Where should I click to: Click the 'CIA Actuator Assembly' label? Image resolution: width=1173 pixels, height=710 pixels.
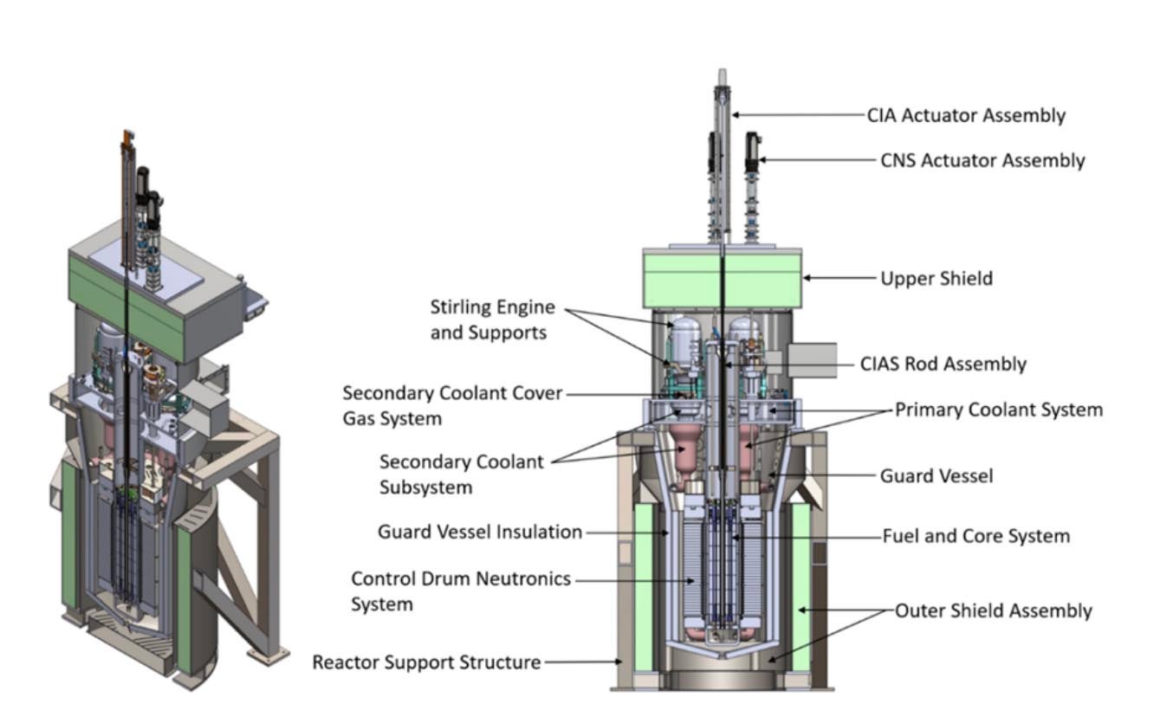click(966, 115)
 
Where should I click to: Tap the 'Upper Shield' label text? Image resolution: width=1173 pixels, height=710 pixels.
click(936, 279)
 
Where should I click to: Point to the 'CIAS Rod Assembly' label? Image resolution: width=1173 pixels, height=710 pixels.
click(943, 364)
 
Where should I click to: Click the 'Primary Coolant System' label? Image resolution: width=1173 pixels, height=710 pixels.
click(998, 410)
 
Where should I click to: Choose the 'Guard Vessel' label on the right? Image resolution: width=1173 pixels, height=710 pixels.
click(936, 475)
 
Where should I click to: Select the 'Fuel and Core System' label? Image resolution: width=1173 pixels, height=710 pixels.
click(975, 536)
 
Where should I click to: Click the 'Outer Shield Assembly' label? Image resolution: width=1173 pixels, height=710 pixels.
click(993, 610)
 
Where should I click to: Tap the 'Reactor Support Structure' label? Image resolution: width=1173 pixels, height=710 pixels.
click(426, 662)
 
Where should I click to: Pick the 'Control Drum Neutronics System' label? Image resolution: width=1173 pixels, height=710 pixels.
click(460, 591)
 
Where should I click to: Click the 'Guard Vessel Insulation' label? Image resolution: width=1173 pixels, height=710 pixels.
click(480, 532)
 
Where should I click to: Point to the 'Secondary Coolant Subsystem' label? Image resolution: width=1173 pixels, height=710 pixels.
click(461, 474)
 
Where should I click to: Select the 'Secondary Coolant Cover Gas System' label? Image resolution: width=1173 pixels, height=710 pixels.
click(451, 405)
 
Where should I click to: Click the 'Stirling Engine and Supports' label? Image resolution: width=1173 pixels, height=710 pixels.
click(491, 319)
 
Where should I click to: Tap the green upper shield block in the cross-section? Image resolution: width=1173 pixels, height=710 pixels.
click(721, 279)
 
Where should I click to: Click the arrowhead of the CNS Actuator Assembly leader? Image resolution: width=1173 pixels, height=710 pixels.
click(763, 160)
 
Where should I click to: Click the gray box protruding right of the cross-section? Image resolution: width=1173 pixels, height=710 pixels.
click(813, 359)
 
